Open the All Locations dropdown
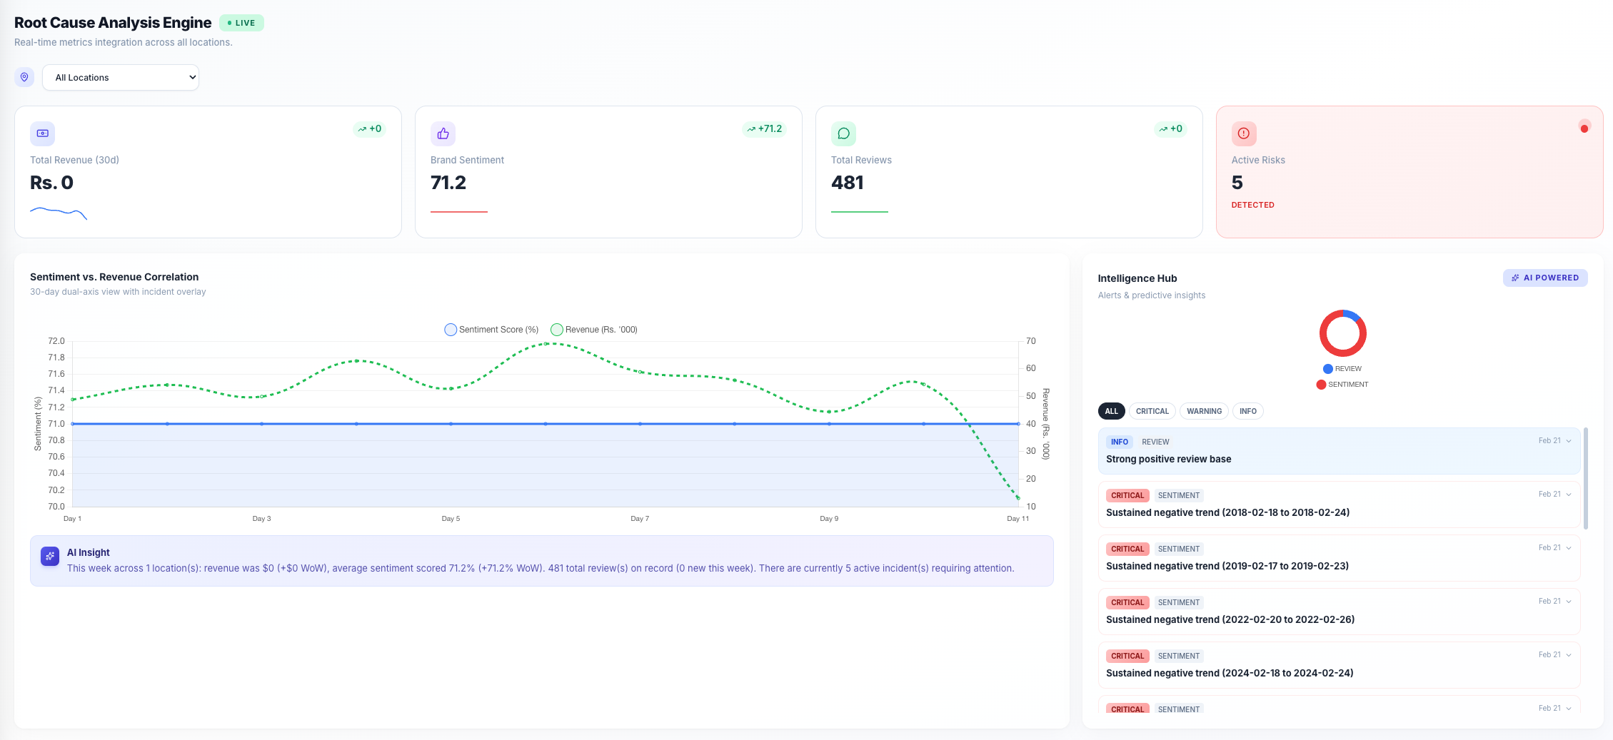coord(120,77)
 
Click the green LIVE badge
coord(241,23)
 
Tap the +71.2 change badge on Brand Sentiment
coord(764,129)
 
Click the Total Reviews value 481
coord(847,183)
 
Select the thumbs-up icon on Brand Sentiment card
coord(443,133)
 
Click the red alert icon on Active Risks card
coord(1243,133)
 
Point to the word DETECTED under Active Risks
coord(1252,205)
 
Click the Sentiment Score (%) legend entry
coord(491,330)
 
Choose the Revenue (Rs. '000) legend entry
coord(594,330)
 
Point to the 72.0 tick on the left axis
coord(56,341)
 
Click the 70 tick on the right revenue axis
coord(1030,341)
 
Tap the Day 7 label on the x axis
coord(640,519)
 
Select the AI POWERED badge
coord(1544,278)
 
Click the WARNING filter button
coord(1204,411)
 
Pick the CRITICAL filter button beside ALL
coord(1152,411)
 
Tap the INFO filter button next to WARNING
coord(1247,411)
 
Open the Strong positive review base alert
coord(1168,459)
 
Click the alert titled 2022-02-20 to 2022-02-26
coord(1230,619)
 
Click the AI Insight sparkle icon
coord(50,556)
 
